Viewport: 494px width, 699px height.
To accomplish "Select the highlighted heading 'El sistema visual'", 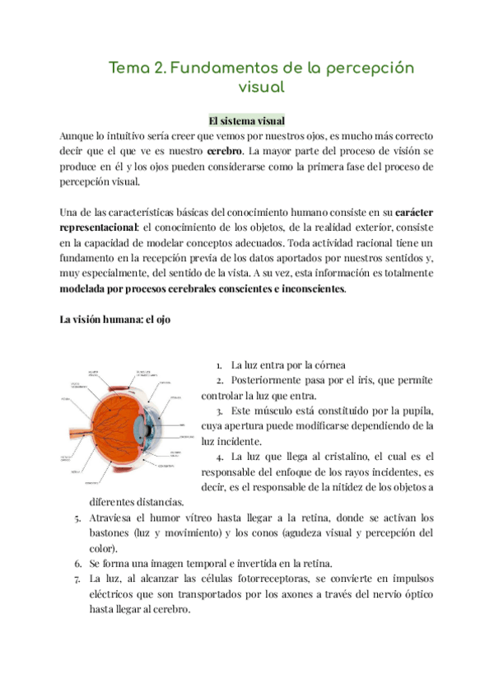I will [x=246, y=120].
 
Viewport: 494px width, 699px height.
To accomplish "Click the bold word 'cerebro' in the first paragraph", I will [x=224, y=152].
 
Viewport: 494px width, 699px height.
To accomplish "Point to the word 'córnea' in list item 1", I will [x=329, y=365].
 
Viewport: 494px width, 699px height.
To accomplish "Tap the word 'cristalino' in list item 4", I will [x=340, y=456].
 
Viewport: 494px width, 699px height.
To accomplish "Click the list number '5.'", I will [x=77, y=518].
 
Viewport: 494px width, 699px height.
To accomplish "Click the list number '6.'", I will [x=77, y=564].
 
